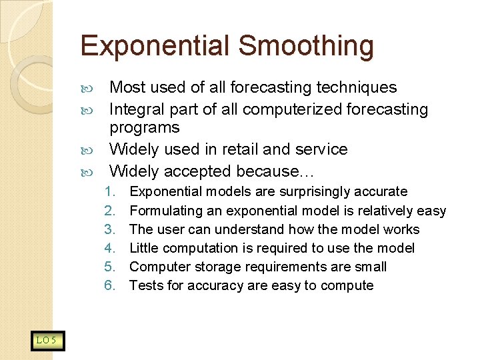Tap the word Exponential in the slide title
pos(155,47)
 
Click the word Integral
pos(137,109)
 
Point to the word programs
pos(145,127)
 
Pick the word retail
pos(239,149)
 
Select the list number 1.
pos(110,192)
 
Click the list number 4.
pos(110,248)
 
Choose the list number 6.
pos(110,285)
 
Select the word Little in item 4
pos(143,248)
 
